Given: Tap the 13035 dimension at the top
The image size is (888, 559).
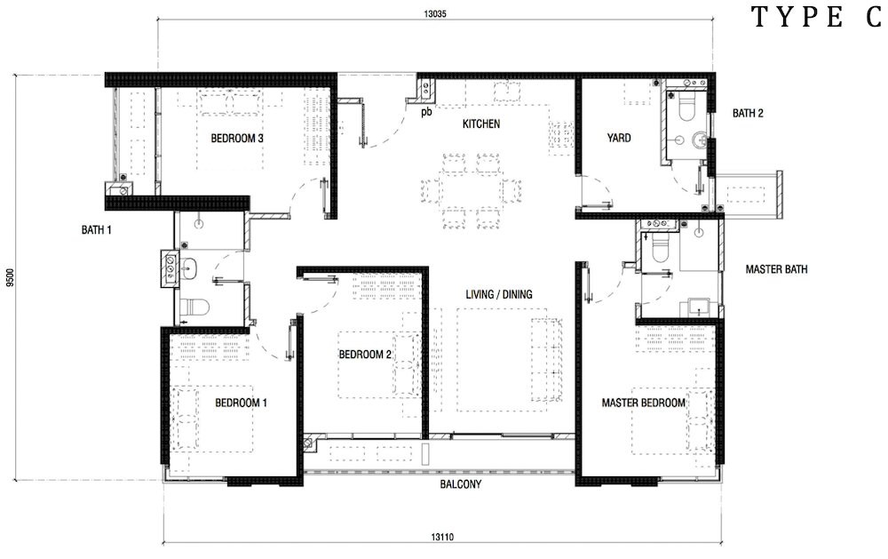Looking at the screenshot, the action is [x=435, y=14].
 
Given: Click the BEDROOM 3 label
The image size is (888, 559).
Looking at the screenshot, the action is [x=237, y=138].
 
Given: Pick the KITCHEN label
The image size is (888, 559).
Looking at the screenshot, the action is [x=481, y=124].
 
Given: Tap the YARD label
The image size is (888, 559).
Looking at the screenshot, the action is [x=619, y=138].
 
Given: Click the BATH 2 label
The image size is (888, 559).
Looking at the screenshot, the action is [x=748, y=114].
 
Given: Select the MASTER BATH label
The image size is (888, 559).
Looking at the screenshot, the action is [x=776, y=269].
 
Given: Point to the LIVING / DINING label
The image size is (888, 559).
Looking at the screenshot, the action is [x=499, y=294].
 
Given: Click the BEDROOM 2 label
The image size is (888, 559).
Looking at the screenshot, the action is [x=365, y=355].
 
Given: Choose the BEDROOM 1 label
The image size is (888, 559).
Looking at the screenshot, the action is [x=241, y=403].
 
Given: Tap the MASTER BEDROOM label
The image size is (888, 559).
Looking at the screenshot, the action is [x=643, y=403].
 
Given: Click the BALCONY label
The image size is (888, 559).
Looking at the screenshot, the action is [x=460, y=484].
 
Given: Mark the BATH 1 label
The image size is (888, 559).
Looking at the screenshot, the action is [x=96, y=230].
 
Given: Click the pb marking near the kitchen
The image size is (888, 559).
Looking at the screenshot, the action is [x=426, y=112].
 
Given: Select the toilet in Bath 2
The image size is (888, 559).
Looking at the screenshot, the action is [x=686, y=108].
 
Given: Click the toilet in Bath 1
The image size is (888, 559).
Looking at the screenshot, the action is [x=193, y=307].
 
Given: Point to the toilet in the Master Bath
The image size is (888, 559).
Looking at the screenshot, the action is [x=661, y=248].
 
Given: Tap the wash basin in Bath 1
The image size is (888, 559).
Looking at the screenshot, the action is [x=187, y=268].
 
